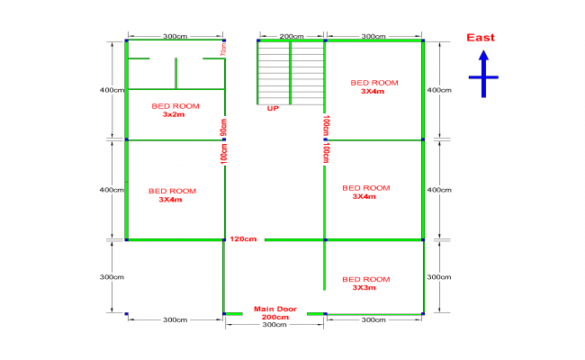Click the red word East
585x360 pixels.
[x=480, y=38]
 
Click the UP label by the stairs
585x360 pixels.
[x=273, y=108]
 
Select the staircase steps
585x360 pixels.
[x=291, y=73]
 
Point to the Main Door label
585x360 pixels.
[x=274, y=309]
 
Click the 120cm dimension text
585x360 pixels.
[x=243, y=238]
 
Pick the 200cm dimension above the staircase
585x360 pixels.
[x=291, y=36]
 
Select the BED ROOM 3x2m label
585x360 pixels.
[x=174, y=110]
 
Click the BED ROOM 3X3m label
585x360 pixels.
[x=366, y=283]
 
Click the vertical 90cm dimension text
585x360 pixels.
[x=224, y=127]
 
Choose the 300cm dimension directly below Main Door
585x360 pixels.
[x=274, y=325]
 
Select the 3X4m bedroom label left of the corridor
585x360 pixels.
[x=171, y=195]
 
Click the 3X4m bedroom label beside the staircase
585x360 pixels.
[x=373, y=86]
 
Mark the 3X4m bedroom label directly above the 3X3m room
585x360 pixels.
[x=365, y=192]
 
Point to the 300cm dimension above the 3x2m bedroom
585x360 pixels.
[x=175, y=36]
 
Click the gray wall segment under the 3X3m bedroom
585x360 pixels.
[x=373, y=314]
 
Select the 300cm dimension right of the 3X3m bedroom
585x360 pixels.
[x=438, y=277]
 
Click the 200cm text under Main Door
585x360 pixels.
[x=274, y=317]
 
